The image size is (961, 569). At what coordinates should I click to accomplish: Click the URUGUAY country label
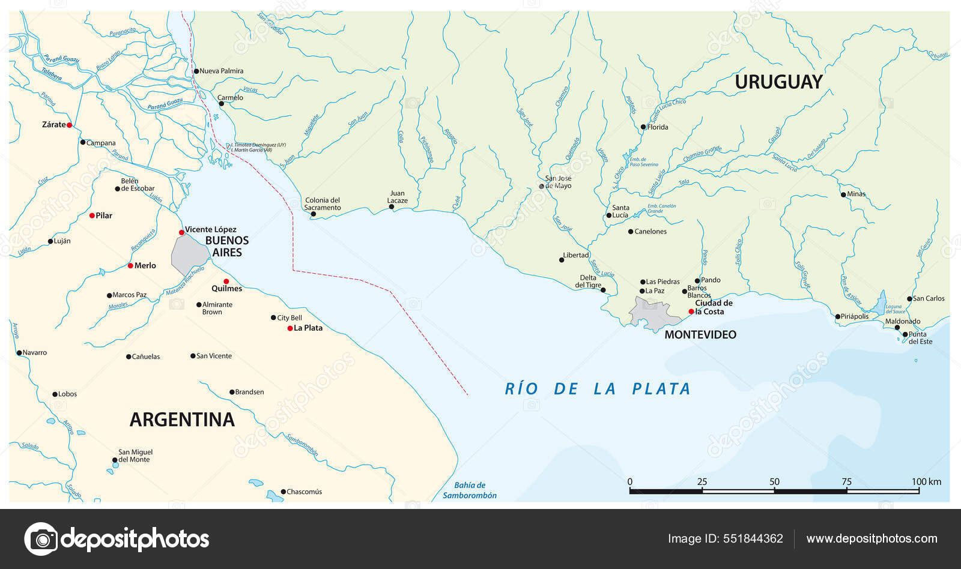click(x=778, y=82)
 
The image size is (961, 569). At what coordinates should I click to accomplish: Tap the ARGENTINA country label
click(x=182, y=420)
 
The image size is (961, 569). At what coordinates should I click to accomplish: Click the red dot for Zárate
click(x=69, y=125)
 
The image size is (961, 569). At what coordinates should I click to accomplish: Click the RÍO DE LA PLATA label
click(x=598, y=389)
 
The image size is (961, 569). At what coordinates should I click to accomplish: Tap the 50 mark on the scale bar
click(x=774, y=482)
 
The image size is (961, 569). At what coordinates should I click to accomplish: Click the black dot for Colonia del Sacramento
click(x=313, y=214)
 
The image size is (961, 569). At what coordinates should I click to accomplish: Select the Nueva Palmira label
click(x=221, y=71)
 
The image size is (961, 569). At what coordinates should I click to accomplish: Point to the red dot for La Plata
click(x=290, y=328)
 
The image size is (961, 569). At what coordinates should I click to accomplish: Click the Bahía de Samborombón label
click(x=470, y=490)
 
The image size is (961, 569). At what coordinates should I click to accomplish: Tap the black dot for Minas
click(x=843, y=194)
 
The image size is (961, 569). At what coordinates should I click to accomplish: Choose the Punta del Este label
click(x=920, y=338)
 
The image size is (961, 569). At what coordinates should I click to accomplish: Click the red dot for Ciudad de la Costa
click(x=691, y=312)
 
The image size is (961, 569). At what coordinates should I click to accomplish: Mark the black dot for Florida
click(x=643, y=127)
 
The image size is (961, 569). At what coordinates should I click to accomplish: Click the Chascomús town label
click(x=304, y=492)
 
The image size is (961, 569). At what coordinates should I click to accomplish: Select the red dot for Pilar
click(x=92, y=215)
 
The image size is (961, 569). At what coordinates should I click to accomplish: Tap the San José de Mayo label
click(x=558, y=182)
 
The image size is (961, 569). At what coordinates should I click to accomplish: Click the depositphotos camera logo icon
click(x=41, y=539)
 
